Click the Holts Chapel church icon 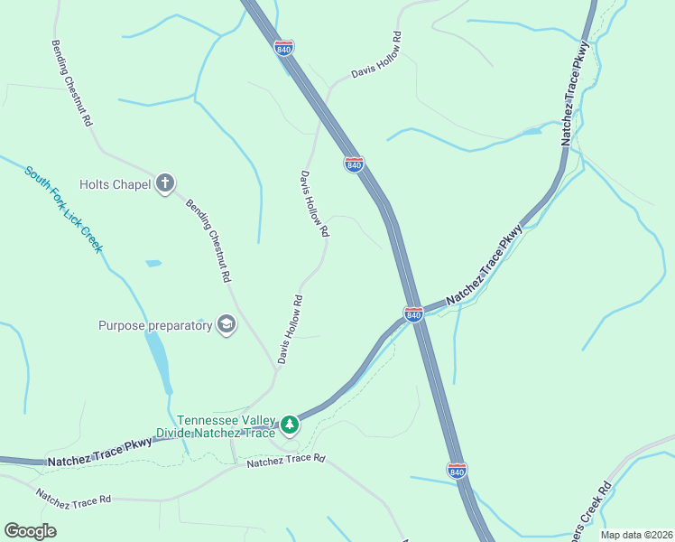[165, 184]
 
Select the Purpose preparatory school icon [226, 325]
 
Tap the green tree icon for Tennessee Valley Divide [289, 423]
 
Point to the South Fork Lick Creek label [63, 209]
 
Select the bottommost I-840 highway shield [457, 471]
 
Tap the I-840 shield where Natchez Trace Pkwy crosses [413, 313]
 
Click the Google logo [31, 531]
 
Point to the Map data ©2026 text [635, 535]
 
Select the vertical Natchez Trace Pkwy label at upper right [575, 93]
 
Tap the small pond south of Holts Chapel [153, 263]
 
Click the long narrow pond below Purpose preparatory [160, 359]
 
